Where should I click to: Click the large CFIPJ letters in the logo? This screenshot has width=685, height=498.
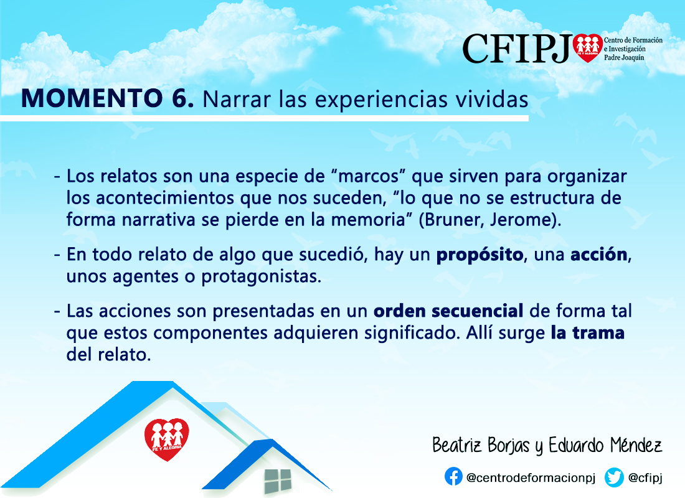pyautogui.click(x=517, y=49)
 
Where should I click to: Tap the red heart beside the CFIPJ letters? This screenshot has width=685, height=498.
pyautogui.click(x=588, y=48)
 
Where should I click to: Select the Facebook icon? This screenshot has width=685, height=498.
pyautogui.click(x=453, y=477)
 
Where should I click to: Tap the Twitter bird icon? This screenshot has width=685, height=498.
pyautogui.click(x=614, y=477)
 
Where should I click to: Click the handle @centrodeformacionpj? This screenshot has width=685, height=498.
pyautogui.click(x=531, y=478)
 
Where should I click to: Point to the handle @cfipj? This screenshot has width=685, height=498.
pyautogui.click(x=645, y=478)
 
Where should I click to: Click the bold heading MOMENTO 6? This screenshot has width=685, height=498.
pyautogui.click(x=108, y=98)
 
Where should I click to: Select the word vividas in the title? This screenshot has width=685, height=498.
pyautogui.click(x=492, y=99)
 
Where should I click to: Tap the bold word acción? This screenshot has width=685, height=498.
pyautogui.click(x=599, y=254)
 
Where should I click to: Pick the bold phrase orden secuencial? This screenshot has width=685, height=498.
pyautogui.click(x=448, y=311)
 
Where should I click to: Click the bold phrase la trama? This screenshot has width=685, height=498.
pyautogui.click(x=588, y=333)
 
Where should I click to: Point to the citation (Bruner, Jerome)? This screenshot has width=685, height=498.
pyautogui.click(x=490, y=220)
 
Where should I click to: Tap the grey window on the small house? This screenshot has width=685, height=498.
pyautogui.click(x=278, y=481)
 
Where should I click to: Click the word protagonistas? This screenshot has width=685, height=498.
pyautogui.click(x=262, y=277)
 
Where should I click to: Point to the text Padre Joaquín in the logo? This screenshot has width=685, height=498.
pyautogui.click(x=624, y=58)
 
